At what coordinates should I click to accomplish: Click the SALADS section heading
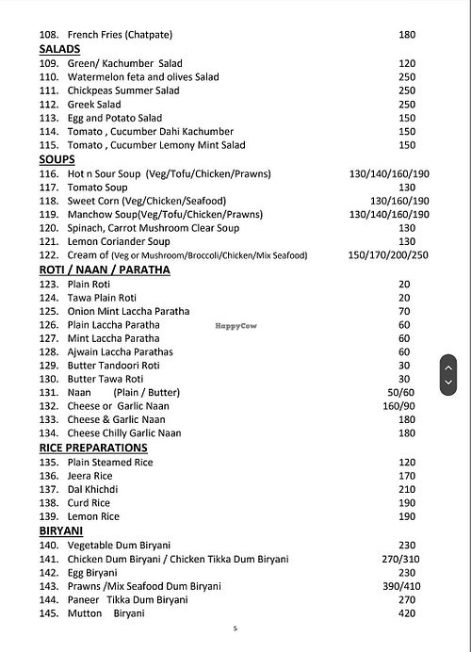[59, 49]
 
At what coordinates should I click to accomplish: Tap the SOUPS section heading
[57, 160]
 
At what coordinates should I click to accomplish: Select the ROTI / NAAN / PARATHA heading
[105, 269]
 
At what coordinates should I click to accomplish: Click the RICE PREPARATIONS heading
[93, 448]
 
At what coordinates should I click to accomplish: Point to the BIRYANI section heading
[62, 531]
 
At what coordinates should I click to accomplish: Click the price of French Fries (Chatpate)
[407, 35]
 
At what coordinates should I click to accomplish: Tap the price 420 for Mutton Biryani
[407, 613]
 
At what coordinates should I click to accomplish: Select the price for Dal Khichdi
[407, 490]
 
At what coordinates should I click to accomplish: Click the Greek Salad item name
[94, 105]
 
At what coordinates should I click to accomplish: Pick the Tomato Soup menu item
[98, 187]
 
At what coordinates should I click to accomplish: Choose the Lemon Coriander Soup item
[119, 242]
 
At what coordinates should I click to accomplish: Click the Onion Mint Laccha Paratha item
[128, 311]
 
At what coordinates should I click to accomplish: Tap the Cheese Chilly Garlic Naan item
[124, 433]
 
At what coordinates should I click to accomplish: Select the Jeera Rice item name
[90, 476]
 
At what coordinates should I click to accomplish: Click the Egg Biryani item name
[92, 572]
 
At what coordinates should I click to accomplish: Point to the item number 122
[49, 256]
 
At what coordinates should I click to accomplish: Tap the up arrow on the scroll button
[448, 367]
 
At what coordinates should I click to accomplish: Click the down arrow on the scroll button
[448, 383]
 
